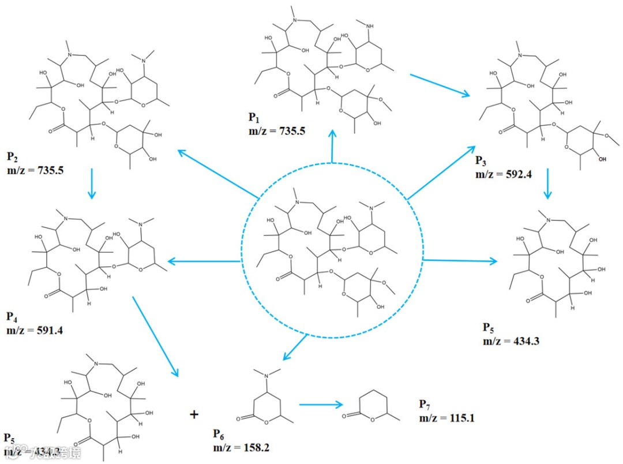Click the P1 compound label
(x=254, y=118)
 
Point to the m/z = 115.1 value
(x=446, y=417)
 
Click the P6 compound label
(x=219, y=433)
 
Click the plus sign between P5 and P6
(x=194, y=414)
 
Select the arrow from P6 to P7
(x=321, y=405)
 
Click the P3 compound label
(x=481, y=160)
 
